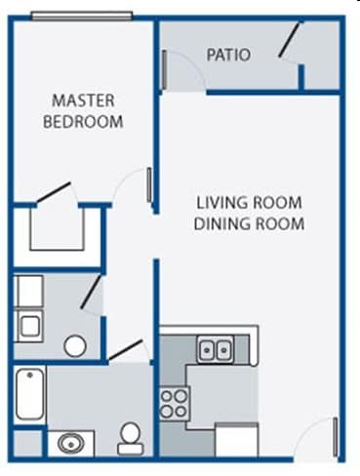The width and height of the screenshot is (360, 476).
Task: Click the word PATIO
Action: (x=228, y=56)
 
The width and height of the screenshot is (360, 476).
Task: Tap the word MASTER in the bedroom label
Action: (x=83, y=100)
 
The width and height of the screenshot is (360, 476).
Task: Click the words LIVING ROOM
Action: (x=249, y=203)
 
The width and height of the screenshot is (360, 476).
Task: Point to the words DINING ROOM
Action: (x=250, y=223)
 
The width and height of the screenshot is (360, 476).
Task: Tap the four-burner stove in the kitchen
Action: (x=174, y=403)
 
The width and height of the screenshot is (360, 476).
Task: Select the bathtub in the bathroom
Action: (x=28, y=394)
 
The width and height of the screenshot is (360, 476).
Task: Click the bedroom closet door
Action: (x=55, y=192)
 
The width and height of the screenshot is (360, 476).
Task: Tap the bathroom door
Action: (x=125, y=350)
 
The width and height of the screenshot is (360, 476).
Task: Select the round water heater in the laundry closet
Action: (x=74, y=344)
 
